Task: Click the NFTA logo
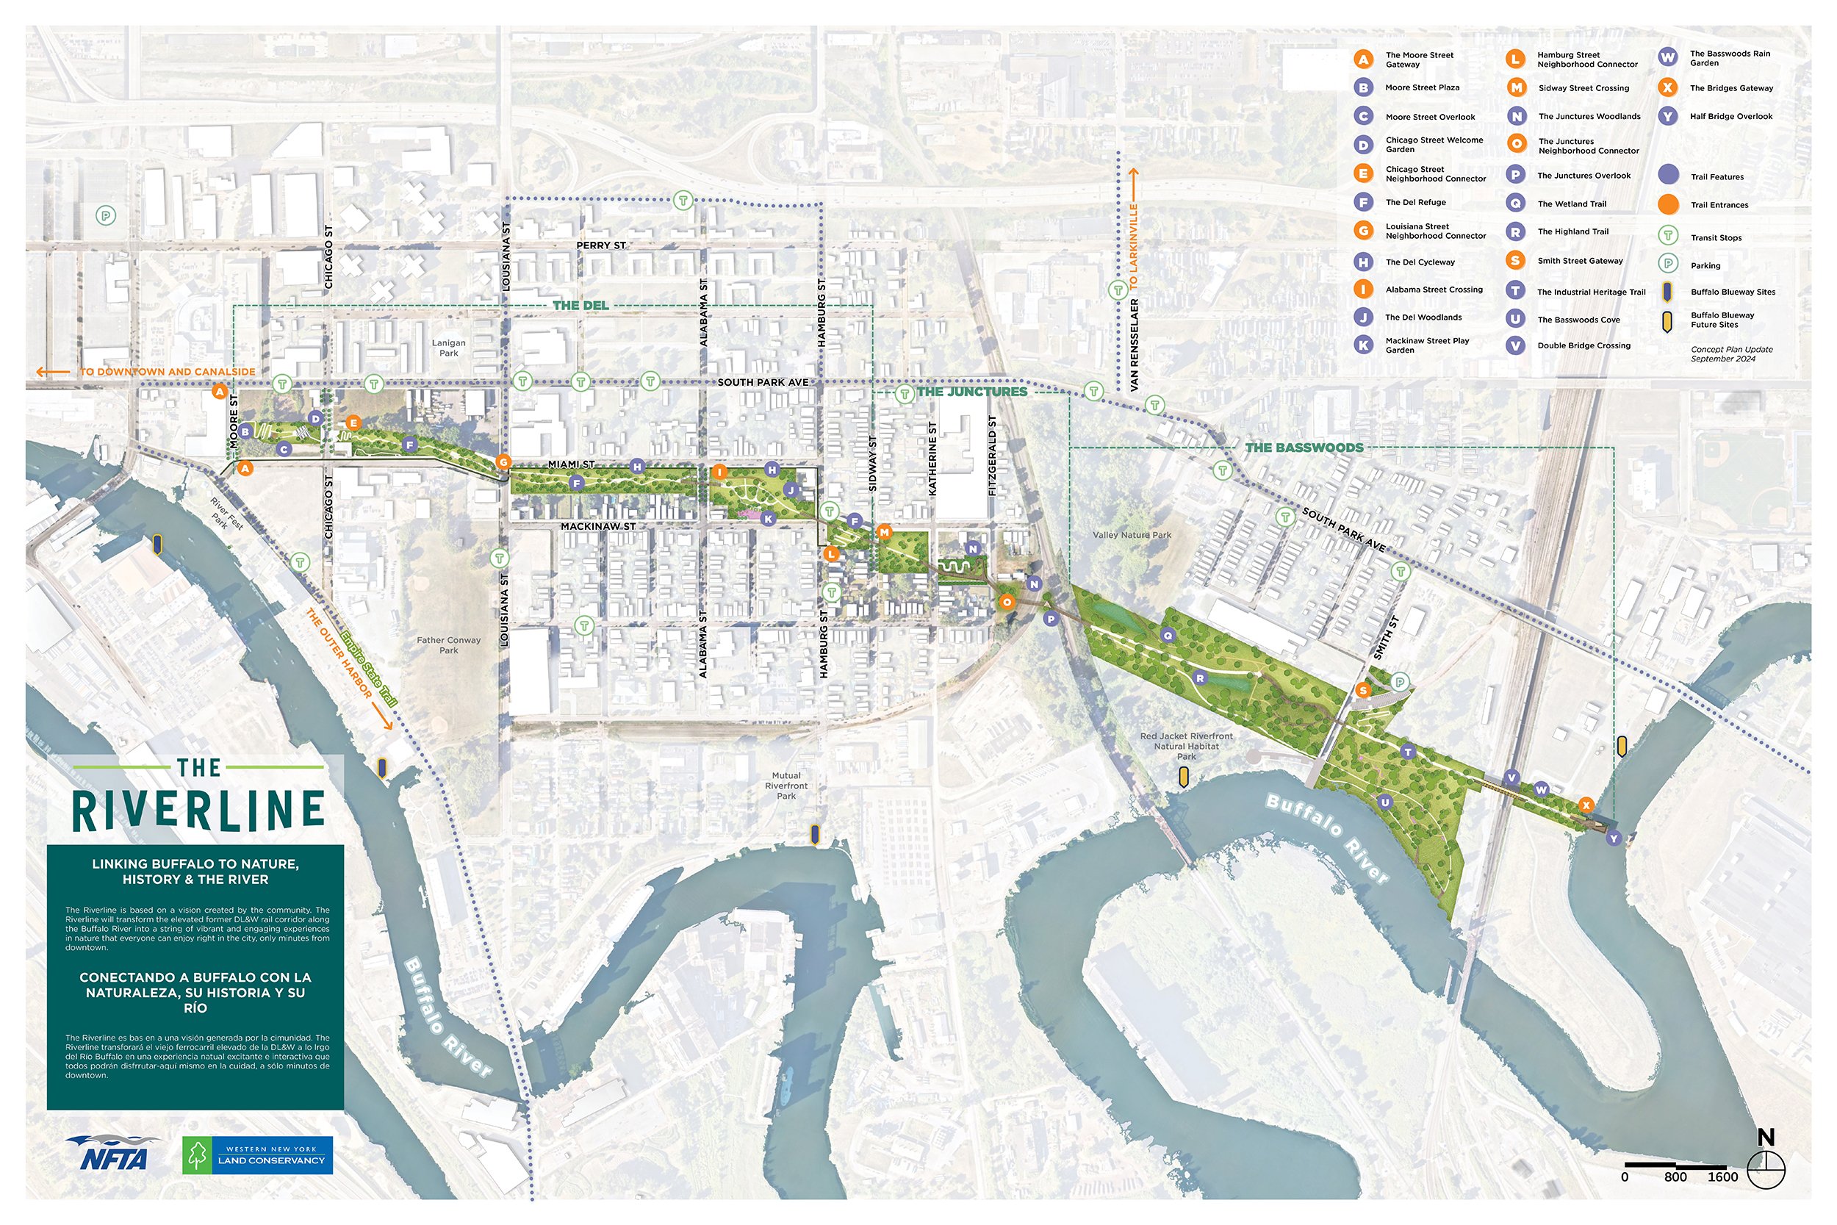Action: tap(113, 1153)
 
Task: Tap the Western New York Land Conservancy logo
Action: tap(258, 1154)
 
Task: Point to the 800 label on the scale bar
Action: tap(1675, 1177)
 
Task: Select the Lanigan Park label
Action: tap(448, 348)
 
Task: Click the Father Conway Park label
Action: tap(448, 644)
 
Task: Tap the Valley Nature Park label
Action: tap(1132, 535)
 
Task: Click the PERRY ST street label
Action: tap(600, 245)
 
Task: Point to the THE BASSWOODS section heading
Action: tap(1304, 448)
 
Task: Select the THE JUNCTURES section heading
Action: tap(971, 392)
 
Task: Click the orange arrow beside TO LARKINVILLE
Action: tap(1133, 182)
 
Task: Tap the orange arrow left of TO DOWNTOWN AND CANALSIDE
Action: tap(52, 373)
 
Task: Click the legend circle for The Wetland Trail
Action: tap(1515, 203)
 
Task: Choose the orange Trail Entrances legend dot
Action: tap(1667, 205)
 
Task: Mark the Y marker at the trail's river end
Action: tap(1614, 838)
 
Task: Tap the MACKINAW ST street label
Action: tap(597, 527)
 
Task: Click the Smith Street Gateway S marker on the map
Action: tap(1363, 690)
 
